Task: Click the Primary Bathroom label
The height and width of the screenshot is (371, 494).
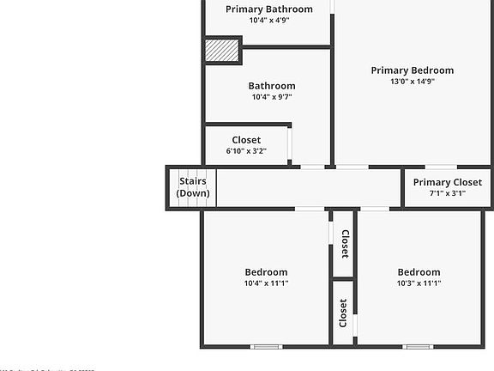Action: coord(268,9)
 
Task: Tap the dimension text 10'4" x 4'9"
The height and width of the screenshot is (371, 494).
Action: coord(268,21)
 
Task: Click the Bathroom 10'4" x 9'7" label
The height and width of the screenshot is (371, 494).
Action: coord(272,86)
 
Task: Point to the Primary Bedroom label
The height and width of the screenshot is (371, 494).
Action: coord(412,70)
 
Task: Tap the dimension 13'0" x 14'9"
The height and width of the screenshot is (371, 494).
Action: coord(412,82)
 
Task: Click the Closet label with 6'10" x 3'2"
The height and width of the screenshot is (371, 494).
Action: coord(246,140)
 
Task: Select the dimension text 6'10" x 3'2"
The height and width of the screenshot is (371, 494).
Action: coord(246,151)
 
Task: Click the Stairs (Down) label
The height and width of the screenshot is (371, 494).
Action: coord(193,187)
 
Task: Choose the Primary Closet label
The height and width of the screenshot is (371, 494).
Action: coord(448,182)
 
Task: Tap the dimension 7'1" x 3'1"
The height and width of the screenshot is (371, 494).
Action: coord(448,194)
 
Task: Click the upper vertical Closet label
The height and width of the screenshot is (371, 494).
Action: coord(344,244)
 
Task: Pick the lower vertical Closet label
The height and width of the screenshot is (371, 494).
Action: coord(343,313)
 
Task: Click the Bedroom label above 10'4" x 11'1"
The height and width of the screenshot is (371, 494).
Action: coord(266,272)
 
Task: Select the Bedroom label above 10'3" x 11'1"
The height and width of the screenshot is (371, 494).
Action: coord(419,272)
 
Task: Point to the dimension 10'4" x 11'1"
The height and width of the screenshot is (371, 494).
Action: coord(266,283)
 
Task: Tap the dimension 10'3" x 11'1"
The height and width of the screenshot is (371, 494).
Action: coord(419,283)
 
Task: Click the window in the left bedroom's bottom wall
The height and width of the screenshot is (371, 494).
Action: coord(266,347)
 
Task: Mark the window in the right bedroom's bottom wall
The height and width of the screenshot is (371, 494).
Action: coord(418,347)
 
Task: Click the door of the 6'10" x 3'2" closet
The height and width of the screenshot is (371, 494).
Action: coord(290,143)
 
